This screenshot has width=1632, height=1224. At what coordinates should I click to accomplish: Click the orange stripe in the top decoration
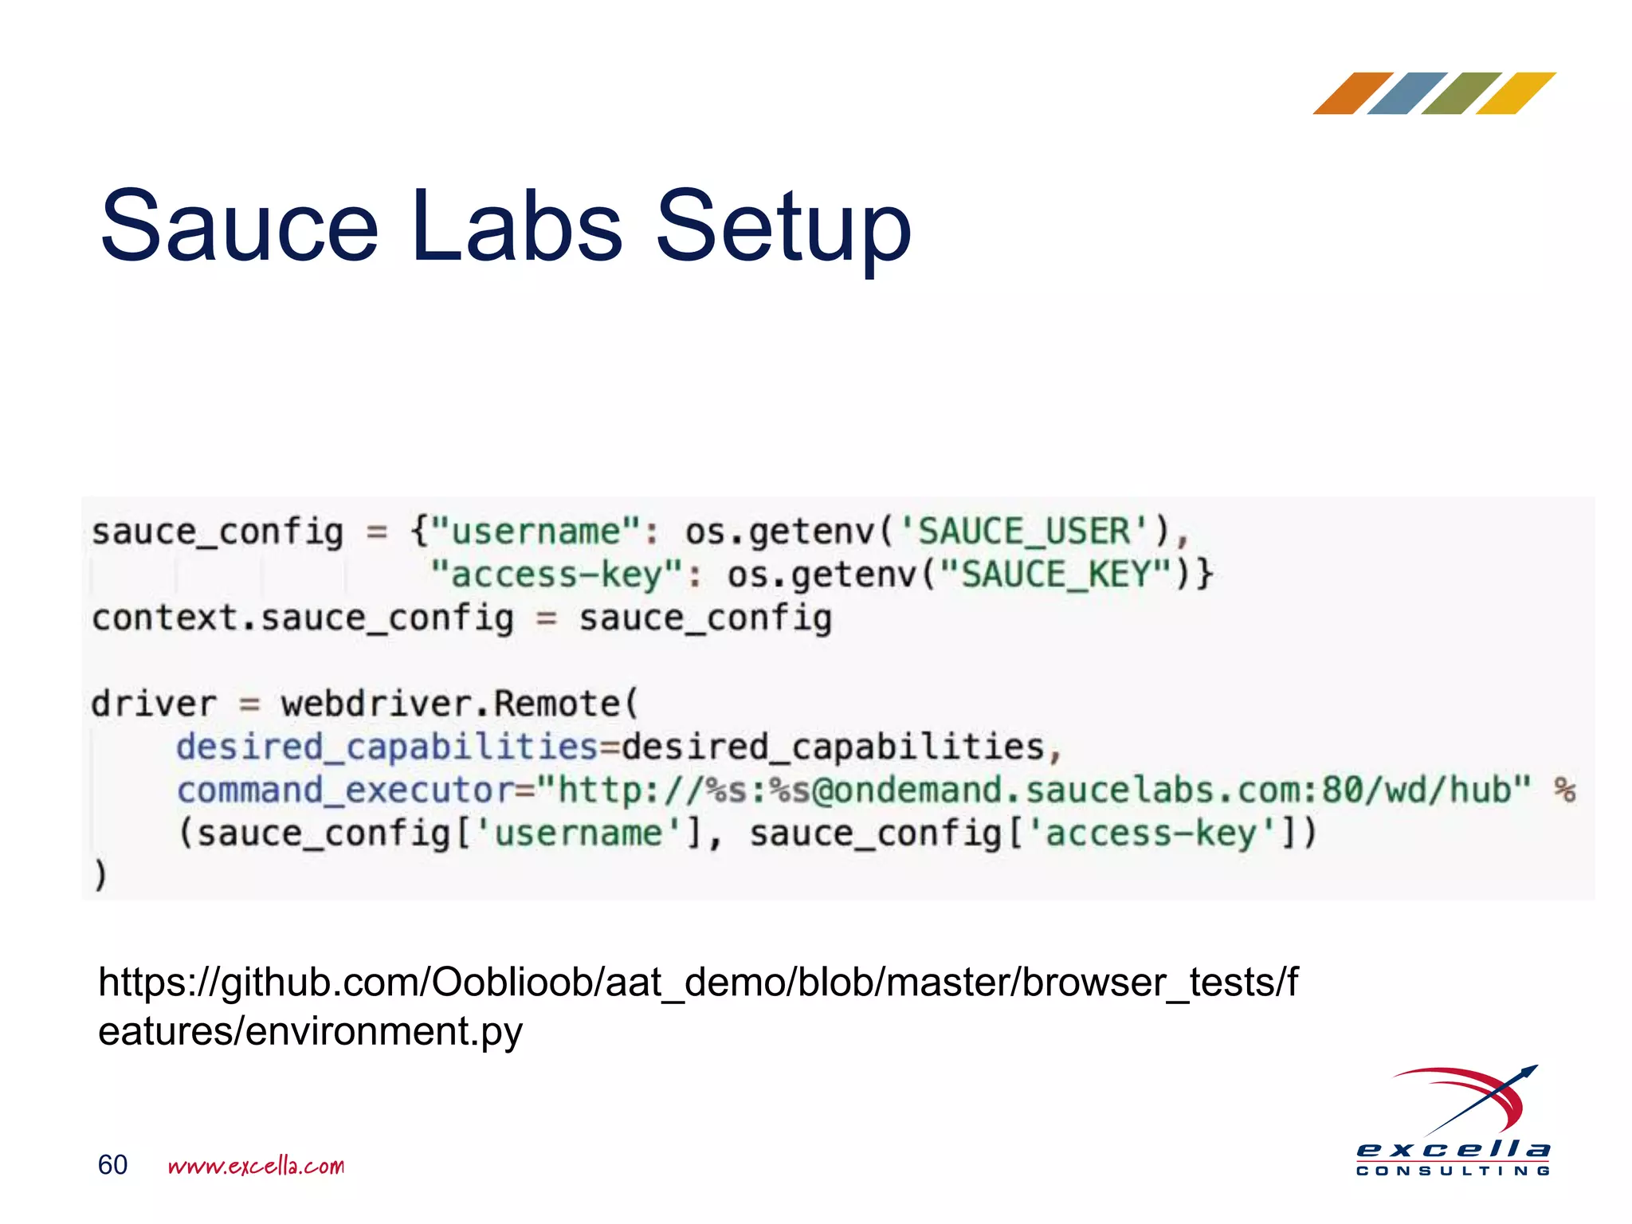[1353, 93]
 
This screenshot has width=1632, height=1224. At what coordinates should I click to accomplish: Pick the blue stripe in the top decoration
[1407, 93]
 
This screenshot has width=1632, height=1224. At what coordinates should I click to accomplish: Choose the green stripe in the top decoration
[1461, 93]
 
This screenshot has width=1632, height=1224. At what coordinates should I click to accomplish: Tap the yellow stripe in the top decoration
[1516, 93]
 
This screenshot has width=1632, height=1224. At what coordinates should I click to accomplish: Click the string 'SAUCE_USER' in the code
[1024, 532]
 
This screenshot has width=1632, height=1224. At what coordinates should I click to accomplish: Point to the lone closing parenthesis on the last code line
[100, 876]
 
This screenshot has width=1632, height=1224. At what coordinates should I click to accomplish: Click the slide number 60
[112, 1165]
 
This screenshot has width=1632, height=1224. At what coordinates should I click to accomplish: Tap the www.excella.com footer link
[256, 1166]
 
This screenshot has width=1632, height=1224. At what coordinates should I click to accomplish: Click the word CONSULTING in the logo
[1453, 1171]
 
